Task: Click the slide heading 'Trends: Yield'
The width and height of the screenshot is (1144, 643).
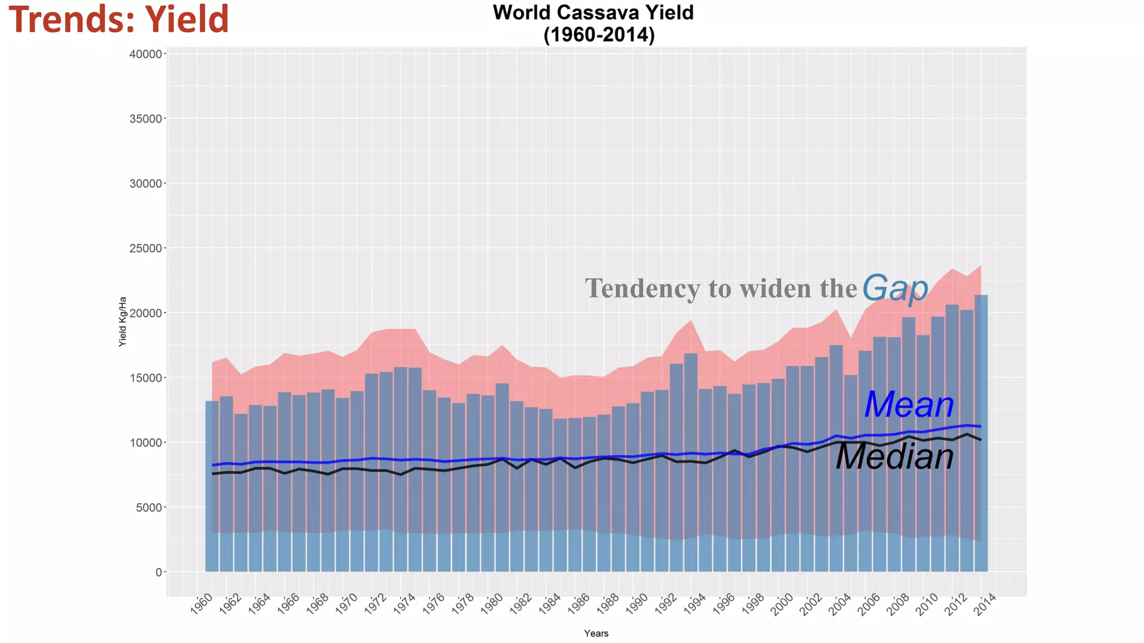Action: pos(118,19)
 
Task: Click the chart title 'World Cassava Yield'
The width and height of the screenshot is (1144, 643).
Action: pos(593,12)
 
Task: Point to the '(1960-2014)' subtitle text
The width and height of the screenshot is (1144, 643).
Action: pos(598,35)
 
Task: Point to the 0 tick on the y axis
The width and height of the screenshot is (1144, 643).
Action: pos(159,572)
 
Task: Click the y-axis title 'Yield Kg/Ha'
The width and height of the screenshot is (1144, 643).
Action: pos(123,321)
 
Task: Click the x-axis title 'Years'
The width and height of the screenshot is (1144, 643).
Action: pos(596,633)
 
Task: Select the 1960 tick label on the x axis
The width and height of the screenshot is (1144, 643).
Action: pos(202,604)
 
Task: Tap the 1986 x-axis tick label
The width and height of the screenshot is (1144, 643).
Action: pos(579,604)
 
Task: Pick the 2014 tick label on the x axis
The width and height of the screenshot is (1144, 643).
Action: pos(985,604)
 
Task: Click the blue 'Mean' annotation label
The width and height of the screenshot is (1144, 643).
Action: pos(909,405)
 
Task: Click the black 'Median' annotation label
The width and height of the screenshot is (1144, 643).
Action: pos(895,457)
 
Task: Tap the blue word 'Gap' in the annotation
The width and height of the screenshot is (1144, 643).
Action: pos(895,288)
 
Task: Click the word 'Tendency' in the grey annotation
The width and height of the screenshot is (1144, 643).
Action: pos(642,289)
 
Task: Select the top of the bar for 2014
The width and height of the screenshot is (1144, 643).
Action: pos(981,295)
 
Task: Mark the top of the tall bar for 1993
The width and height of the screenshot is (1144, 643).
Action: pos(691,354)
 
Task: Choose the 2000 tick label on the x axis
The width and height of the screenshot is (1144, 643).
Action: pos(782,604)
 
